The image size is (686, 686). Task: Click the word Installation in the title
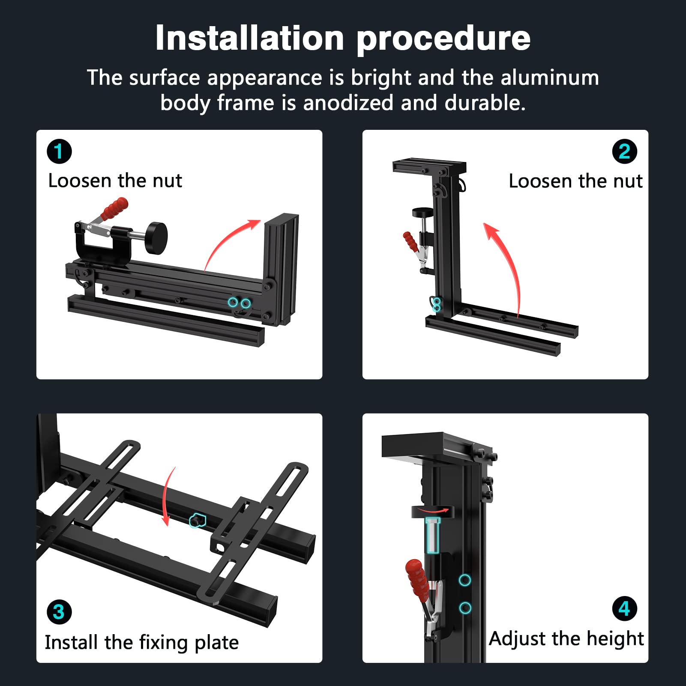250,38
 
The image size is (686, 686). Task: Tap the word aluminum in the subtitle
550,78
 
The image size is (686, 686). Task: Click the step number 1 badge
59,151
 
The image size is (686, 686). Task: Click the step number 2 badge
624,151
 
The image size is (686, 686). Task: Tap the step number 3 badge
59,612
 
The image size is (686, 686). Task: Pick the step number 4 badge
624,608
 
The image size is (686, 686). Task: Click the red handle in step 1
114,209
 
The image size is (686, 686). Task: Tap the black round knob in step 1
156,238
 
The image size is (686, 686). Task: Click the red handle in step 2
410,242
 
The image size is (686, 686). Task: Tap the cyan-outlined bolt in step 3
198,521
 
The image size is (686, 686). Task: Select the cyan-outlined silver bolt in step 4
433,535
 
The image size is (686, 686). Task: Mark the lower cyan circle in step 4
465,608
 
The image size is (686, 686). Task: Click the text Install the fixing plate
142,643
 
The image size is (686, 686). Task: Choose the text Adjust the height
566,639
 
